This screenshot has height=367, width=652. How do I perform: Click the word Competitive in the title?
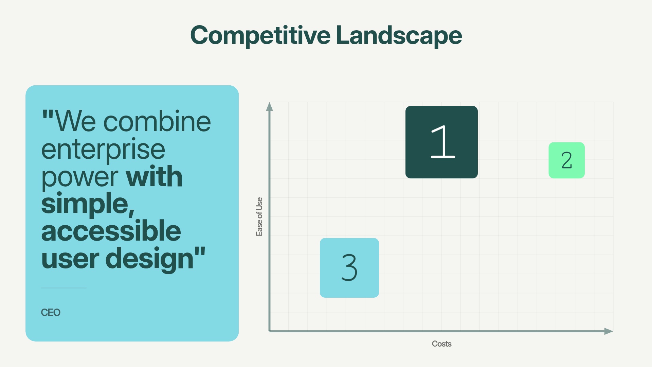260,35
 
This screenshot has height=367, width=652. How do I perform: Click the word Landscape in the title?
399,35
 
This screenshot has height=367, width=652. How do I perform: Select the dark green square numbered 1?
441,142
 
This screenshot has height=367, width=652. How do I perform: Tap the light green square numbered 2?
566,160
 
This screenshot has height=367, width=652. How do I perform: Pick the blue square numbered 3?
349,268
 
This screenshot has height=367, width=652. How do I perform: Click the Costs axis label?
441,344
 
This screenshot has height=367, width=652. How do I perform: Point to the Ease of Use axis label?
259,216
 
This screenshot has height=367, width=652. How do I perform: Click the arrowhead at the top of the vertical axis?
269,106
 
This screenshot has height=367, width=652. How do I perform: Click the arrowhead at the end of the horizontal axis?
609,331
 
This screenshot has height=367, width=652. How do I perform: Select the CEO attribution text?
51,313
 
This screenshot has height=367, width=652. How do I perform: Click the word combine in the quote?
157,122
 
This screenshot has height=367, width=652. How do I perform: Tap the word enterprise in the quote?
103,150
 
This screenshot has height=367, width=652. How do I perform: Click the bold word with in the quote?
154,177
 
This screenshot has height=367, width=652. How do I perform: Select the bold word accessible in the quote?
111,231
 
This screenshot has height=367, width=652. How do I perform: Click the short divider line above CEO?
64,288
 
